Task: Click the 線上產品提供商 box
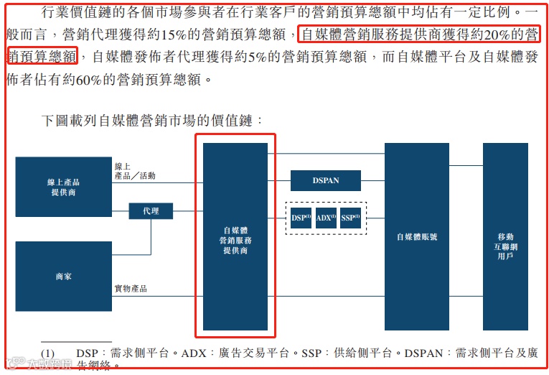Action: pos(63,187)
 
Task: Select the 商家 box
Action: pos(63,275)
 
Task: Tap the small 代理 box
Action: pos(151,211)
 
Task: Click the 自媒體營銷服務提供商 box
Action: pos(235,236)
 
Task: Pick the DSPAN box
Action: pos(325,180)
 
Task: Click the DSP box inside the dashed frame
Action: pos(301,217)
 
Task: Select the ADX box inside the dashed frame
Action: pos(326,217)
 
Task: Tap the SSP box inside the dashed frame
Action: pos(350,217)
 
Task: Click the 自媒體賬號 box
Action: pos(417,236)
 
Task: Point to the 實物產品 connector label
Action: pos(131,288)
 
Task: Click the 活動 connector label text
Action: pos(147,176)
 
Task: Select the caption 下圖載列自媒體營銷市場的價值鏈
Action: pos(152,121)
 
